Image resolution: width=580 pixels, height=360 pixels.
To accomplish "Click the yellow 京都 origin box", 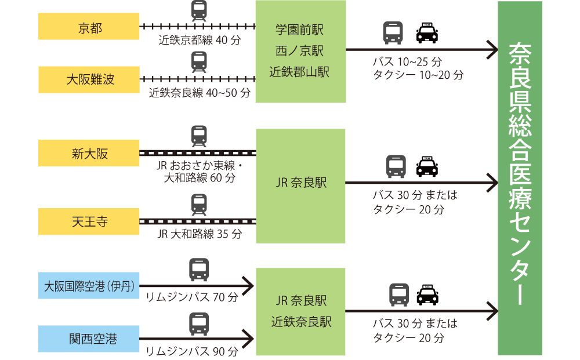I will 89,27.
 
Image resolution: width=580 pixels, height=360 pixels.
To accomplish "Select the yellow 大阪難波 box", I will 89,79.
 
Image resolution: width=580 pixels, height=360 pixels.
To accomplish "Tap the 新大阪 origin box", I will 89,154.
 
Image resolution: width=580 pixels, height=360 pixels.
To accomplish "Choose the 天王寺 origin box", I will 89,221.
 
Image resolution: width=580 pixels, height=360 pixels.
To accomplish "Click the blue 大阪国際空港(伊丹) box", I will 89,286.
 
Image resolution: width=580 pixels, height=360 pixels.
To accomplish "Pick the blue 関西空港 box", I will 89,339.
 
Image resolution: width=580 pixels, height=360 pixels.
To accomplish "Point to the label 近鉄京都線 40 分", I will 199,41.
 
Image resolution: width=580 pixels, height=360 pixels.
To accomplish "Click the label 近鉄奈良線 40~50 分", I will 199,93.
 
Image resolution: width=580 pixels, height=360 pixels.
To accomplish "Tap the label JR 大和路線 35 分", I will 199,235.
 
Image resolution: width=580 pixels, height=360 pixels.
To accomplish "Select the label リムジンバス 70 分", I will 192,298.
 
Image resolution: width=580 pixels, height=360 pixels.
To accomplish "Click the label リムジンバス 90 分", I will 192,351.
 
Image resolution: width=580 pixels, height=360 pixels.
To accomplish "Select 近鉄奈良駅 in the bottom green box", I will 301,322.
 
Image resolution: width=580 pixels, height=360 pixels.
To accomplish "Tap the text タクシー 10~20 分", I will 418,75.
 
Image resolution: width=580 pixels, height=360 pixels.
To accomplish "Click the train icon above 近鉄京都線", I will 199,10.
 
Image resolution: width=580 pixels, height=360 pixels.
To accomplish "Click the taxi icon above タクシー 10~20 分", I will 428,33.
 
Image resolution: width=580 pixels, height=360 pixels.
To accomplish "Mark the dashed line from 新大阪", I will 198,154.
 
